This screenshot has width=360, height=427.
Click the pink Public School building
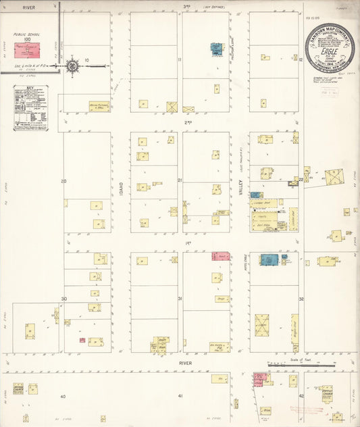[x=28, y=49]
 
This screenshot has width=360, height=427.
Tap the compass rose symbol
[x=72, y=66]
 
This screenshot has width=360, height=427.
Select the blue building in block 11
[x=215, y=49]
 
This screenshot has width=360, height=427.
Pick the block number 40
[x=63, y=395]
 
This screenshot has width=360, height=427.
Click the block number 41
[x=180, y=395]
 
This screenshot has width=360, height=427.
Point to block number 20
[x=63, y=181]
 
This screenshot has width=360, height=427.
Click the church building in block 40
[x=18, y=388]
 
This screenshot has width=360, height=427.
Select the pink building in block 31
[x=222, y=257]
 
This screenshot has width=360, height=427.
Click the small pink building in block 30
[x=82, y=340]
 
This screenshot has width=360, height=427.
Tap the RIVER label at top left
[x=29, y=7]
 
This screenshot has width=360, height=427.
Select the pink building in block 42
[x=259, y=378]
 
